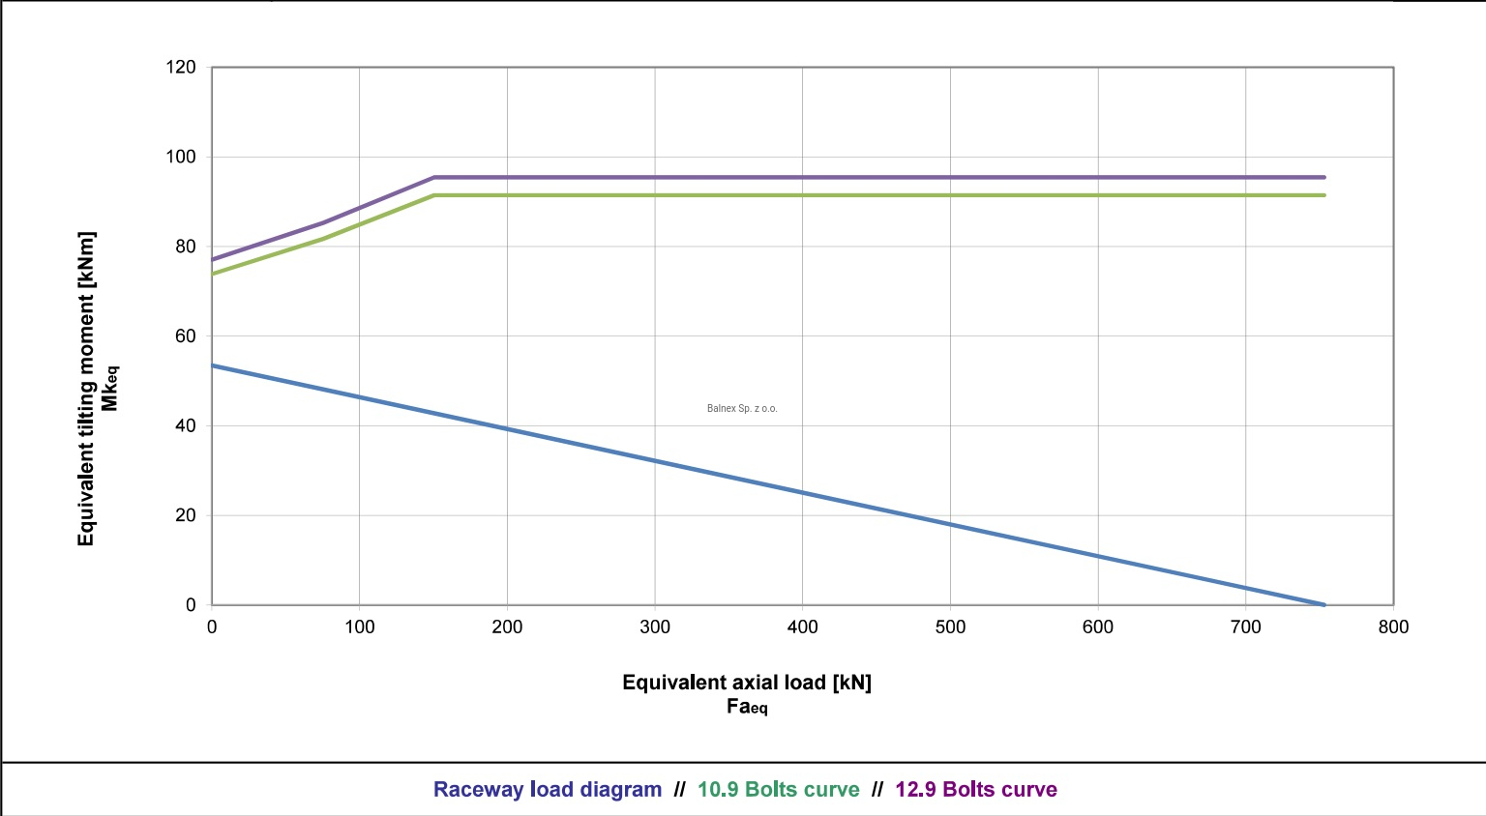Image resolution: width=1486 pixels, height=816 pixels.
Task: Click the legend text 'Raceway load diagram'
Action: coord(547,789)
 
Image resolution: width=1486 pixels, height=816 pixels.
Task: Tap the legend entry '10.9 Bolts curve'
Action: coord(778,789)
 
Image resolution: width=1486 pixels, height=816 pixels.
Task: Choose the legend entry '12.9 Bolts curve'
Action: coord(975,789)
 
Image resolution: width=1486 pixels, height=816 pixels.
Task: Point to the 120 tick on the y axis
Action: coord(181,68)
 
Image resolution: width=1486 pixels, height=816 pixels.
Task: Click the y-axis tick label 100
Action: coord(181,157)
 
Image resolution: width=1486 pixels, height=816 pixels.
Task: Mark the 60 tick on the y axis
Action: coord(185,336)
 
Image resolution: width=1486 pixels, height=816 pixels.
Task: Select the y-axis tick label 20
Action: coord(185,515)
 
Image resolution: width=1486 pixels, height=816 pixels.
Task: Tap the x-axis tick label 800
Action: coord(1393,627)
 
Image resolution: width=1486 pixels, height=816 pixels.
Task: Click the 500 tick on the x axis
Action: coord(950,627)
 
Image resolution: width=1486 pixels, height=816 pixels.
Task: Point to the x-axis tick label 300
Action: coord(655,627)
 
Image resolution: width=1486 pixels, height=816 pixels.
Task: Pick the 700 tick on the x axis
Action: coord(1245,627)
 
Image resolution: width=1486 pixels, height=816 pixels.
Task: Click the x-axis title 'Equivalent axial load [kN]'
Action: coord(747,683)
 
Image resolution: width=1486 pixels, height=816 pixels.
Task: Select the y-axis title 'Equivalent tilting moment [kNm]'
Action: coord(86,389)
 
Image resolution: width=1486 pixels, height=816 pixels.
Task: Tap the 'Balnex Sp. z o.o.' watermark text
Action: coord(742,409)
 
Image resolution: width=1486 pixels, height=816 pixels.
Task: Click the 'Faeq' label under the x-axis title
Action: coord(747,707)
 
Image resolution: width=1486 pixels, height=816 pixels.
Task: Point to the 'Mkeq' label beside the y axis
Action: coord(110,389)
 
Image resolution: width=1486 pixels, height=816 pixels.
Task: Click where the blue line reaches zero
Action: coord(1323,604)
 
